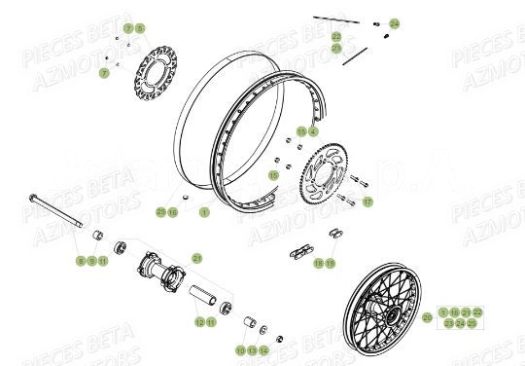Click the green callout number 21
click(196, 258)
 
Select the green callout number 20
click(428, 316)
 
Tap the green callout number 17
click(367, 203)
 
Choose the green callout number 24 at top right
click(394, 22)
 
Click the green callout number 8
click(81, 261)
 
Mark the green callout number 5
click(139, 29)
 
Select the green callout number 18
click(318, 263)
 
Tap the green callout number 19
click(330, 263)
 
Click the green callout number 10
click(239, 349)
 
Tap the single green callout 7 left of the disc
click(104, 73)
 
